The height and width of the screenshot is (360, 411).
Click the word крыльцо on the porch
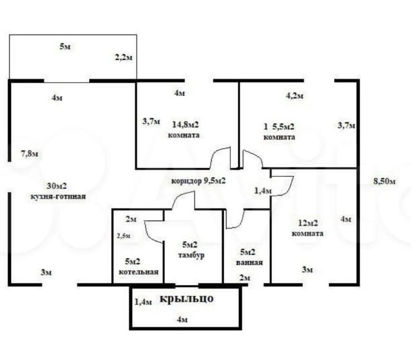coord(187,299)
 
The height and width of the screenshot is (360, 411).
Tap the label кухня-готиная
coord(58,197)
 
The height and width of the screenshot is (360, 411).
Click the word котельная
coord(139,272)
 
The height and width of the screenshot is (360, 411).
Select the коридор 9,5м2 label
coord(198,181)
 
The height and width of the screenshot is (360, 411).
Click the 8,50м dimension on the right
coord(385,182)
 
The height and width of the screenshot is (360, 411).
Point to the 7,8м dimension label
coord(30,153)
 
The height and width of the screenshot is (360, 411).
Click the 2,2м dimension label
coord(123,57)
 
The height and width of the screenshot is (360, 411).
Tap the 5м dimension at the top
coord(65,47)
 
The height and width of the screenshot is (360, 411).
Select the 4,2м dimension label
coord(295,95)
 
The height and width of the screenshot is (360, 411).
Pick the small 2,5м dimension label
coord(124,236)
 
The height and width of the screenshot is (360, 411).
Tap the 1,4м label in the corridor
coord(262,191)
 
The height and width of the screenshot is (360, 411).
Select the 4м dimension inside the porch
coord(182,319)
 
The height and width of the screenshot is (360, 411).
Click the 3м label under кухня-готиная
coord(46,272)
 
